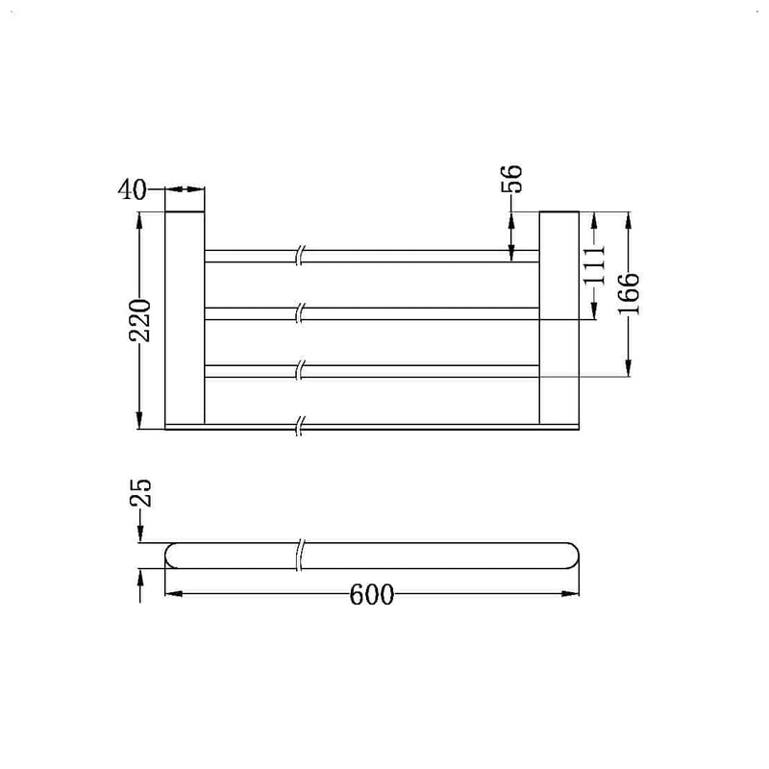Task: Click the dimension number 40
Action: click(x=133, y=190)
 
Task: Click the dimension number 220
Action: click(x=141, y=321)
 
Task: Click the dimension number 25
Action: click(x=141, y=494)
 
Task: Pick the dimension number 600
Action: click(x=372, y=596)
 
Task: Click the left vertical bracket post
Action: click(x=185, y=316)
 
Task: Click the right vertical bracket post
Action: click(x=558, y=316)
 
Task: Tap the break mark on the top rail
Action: click(x=302, y=256)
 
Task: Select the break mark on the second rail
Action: click(x=302, y=313)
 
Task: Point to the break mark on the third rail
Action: click(x=302, y=371)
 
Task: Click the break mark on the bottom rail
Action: click(x=302, y=424)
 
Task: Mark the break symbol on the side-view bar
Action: click(x=302, y=556)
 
